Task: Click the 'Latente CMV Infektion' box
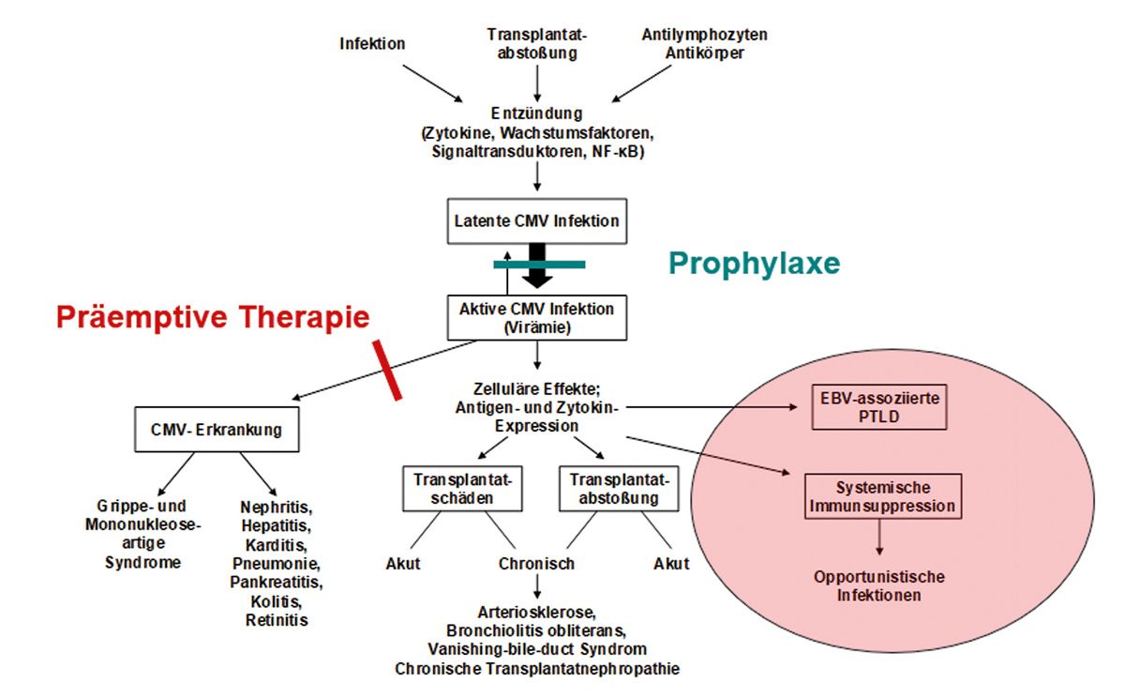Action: [537, 222]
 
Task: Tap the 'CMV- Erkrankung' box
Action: [217, 431]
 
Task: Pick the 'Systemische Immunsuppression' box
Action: [882, 497]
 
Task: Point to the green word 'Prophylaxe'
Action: [754, 264]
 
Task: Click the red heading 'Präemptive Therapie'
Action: [212, 317]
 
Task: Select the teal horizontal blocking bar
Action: [539, 265]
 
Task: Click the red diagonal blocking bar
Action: [387, 370]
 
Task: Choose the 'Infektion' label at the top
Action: [372, 43]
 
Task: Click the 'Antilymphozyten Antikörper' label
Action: [704, 44]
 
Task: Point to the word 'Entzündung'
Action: [537, 114]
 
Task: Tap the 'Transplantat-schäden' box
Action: [462, 489]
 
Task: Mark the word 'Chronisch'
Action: [536, 564]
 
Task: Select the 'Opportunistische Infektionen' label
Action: [879, 585]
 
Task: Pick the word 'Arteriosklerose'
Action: [536, 612]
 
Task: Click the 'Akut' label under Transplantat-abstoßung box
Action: [671, 564]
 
